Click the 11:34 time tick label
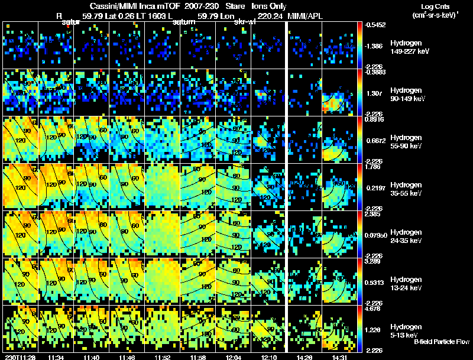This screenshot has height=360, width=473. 56,357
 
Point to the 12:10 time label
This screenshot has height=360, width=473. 269,357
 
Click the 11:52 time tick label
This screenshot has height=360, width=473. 163,357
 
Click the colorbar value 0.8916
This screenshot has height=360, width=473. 377,119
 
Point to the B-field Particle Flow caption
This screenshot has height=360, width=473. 442,342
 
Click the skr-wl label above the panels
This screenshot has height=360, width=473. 245,22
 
